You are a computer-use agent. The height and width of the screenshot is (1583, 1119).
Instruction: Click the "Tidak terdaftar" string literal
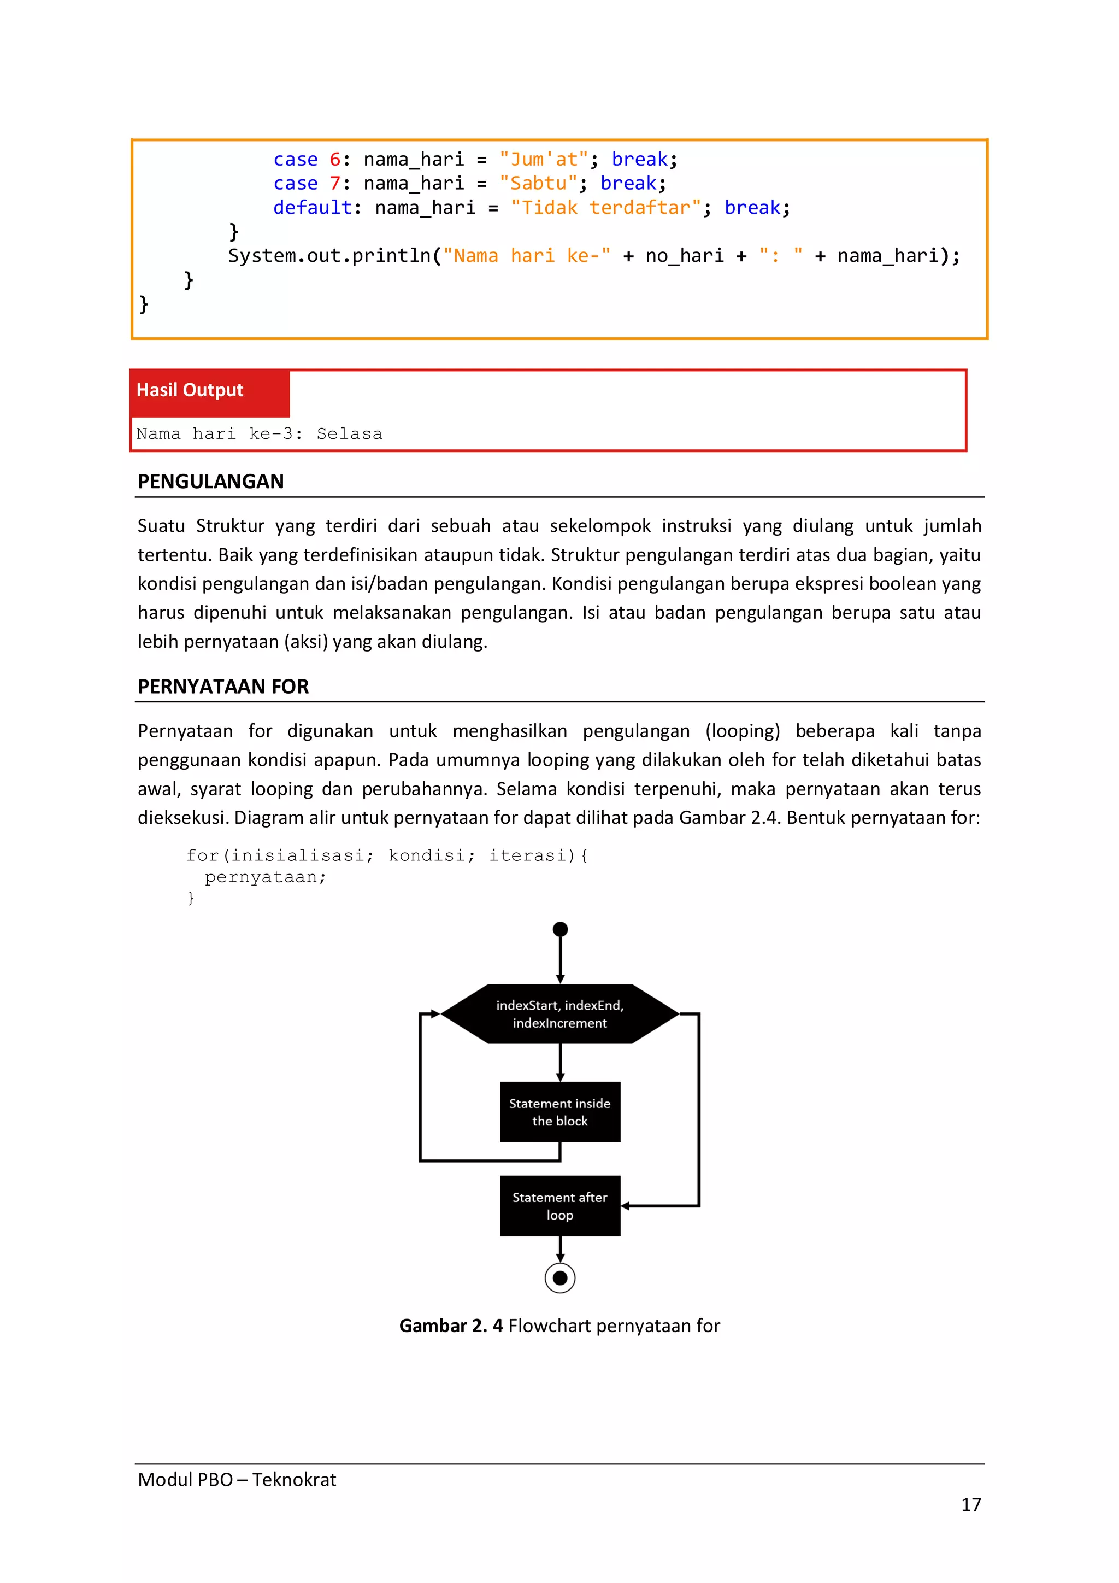tap(605, 208)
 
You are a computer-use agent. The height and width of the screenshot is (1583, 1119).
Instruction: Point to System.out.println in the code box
tap(329, 256)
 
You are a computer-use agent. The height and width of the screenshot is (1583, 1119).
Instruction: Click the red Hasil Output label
tap(190, 390)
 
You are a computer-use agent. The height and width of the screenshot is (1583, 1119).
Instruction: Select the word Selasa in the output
tap(349, 433)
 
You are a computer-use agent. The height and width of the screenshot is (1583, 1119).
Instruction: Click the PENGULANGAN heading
tap(211, 481)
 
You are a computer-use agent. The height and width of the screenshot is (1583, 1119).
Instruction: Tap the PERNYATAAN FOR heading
tap(223, 687)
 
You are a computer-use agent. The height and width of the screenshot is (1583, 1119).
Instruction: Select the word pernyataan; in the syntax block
tap(266, 877)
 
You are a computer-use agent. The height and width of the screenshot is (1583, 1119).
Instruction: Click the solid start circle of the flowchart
tap(560, 929)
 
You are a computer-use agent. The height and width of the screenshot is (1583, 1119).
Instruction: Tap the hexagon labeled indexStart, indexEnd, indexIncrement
tap(559, 1014)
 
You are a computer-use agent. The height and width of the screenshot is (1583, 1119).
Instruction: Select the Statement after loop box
tap(559, 1206)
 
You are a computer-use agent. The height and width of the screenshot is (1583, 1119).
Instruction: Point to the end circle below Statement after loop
tap(560, 1278)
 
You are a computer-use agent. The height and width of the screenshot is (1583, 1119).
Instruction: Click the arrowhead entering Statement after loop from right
tap(626, 1206)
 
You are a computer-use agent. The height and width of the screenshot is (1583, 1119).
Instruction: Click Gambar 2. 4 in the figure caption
tap(451, 1326)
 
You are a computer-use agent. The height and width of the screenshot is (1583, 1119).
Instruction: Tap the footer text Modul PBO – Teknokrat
tap(237, 1480)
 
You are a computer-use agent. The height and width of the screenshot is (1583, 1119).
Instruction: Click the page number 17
tap(970, 1504)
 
